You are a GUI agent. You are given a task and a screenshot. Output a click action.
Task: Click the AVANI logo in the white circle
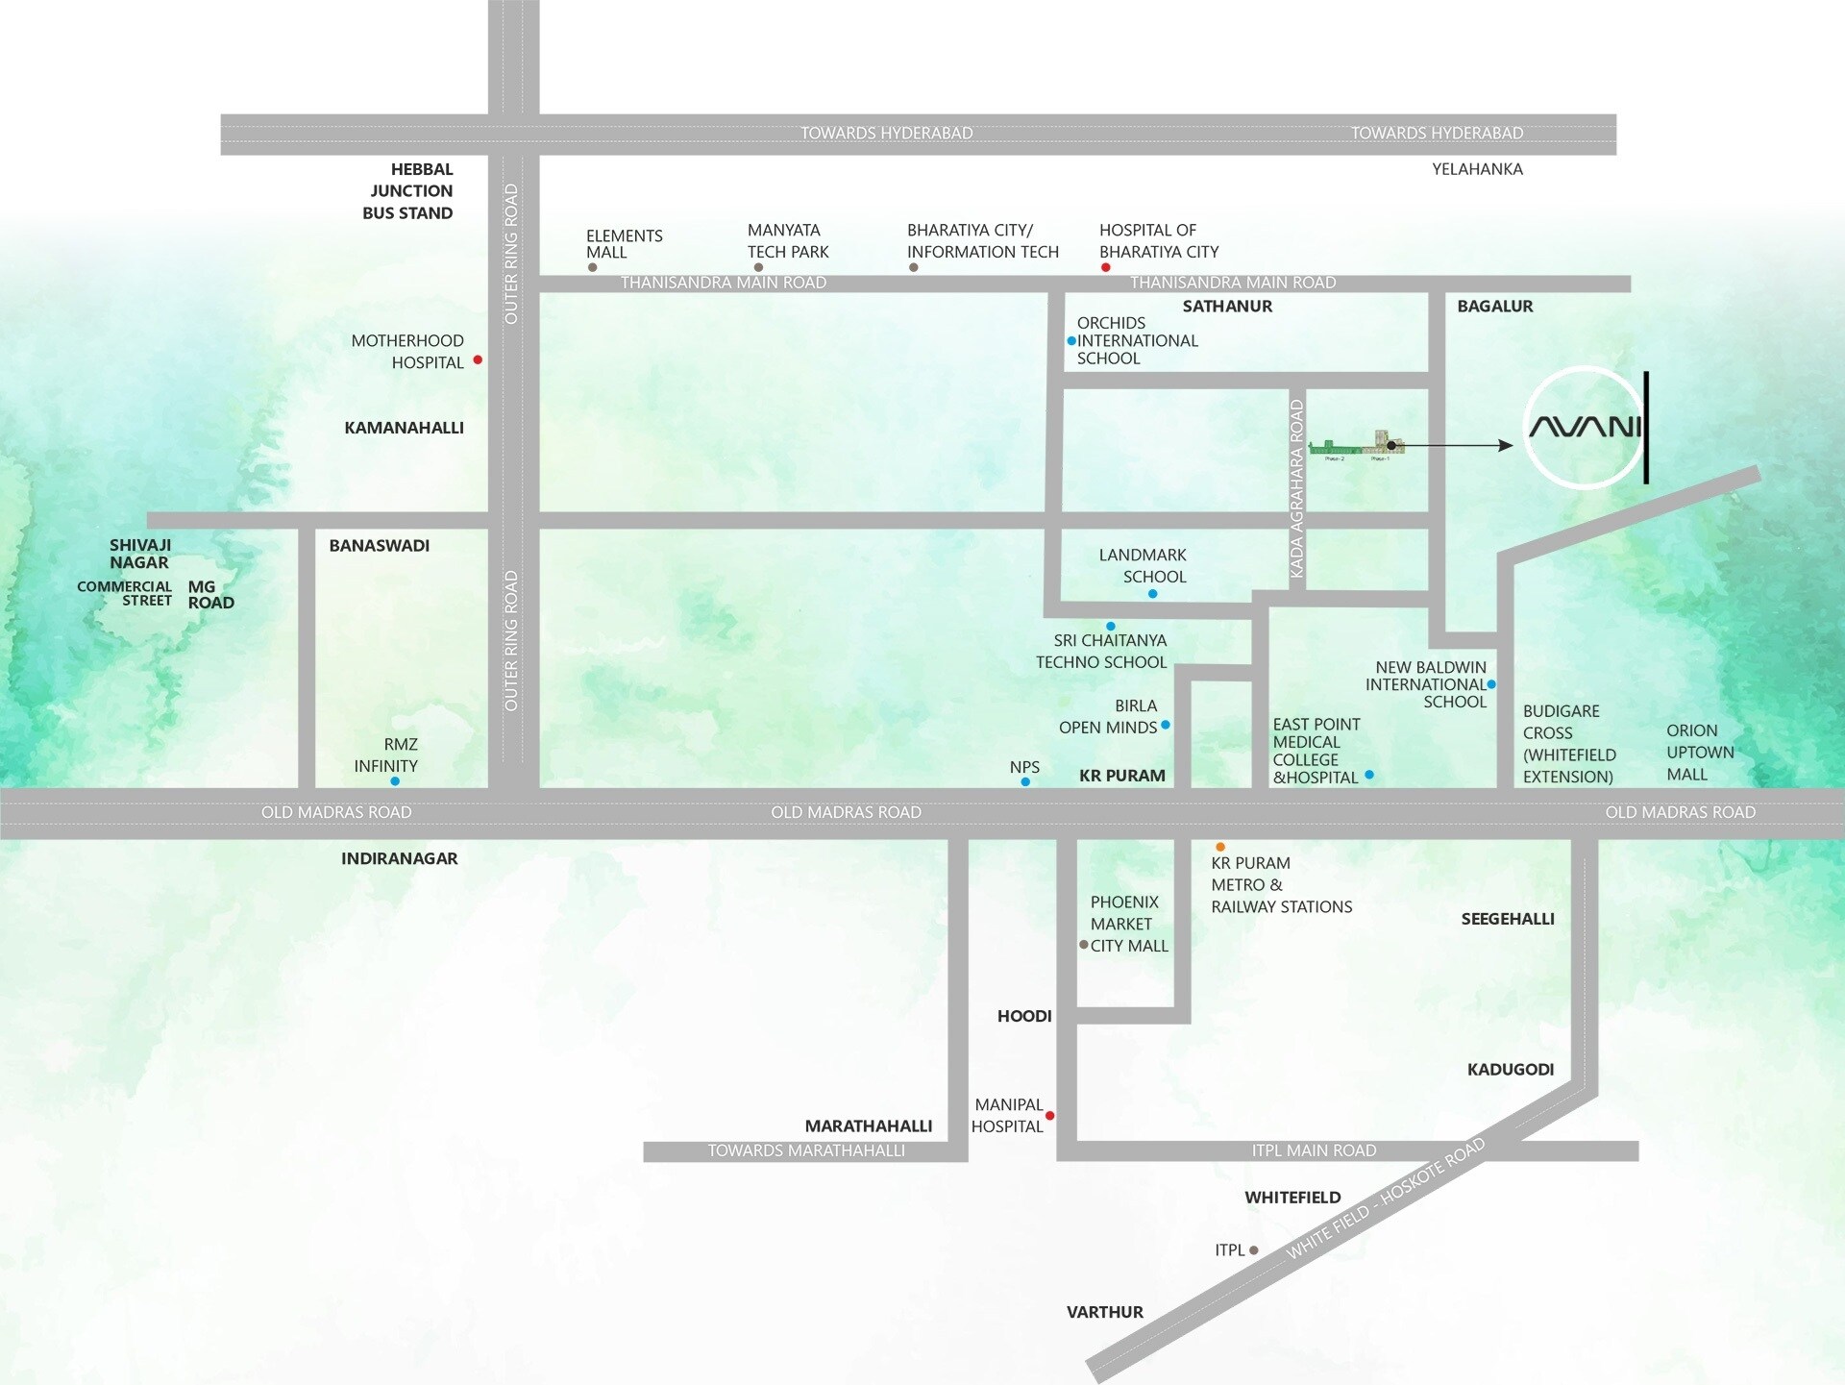(x=1586, y=427)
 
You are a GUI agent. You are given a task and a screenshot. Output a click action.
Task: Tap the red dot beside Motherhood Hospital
(x=478, y=359)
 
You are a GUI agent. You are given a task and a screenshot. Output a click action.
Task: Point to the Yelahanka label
(x=1477, y=169)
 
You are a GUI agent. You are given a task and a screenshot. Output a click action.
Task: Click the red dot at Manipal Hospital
(x=1050, y=1116)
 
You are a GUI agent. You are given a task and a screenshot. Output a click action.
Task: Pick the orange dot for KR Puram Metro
(x=1220, y=847)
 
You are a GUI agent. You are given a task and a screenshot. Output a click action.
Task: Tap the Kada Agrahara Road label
(x=1296, y=489)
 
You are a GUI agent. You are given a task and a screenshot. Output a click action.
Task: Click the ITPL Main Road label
(x=1314, y=1150)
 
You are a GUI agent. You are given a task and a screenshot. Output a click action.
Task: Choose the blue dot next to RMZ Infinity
(x=395, y=781)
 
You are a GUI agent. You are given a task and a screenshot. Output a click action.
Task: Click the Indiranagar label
(x=399, y=858)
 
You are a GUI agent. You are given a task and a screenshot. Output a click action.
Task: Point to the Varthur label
(x=1105, y=1312)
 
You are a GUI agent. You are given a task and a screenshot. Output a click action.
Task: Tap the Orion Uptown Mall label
(x=1700, y=753)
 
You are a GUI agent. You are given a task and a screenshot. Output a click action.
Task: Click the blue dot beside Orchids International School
(x=1071, y=341)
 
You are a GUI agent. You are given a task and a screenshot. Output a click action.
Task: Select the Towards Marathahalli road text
(x=806, y=1150)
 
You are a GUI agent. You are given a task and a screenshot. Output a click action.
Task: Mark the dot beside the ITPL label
(x=1254, y=1250)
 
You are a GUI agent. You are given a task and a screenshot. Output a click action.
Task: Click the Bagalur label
(x=1495, y=307)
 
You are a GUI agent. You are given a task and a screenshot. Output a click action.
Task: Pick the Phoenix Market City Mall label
(x=1128, y=924)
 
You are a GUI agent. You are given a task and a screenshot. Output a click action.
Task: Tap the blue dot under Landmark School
(x=1153, y=594)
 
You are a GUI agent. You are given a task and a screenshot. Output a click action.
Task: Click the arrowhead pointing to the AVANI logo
(x=1507, y=445)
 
